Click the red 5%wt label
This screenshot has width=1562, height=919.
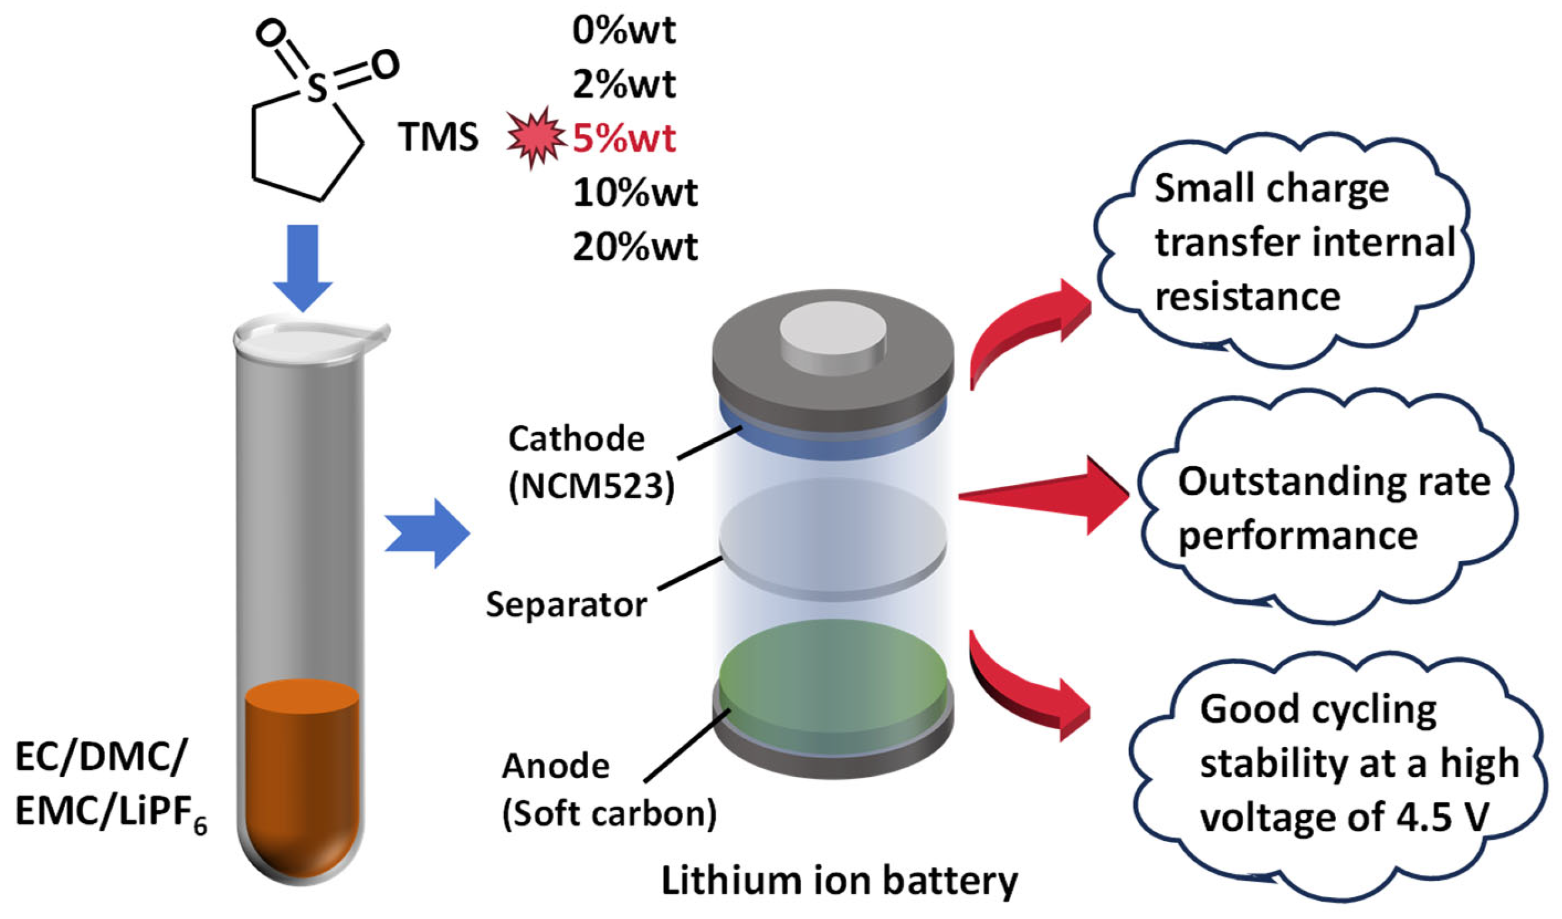[624, 137]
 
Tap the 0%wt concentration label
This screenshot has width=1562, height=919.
[624, 30]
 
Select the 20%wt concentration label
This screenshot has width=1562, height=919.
[635, 247]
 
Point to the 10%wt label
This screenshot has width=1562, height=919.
[635, 192]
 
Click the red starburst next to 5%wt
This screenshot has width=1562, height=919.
[534, 137]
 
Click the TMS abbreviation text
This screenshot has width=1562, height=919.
[438, 137]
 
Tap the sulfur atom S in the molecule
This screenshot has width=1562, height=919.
[315, 88]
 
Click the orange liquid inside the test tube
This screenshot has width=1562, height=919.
[302, 775]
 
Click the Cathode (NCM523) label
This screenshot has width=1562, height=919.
[589, 462]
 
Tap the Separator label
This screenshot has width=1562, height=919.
[566, 604]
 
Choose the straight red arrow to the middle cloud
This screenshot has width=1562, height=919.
[1048, 496]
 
